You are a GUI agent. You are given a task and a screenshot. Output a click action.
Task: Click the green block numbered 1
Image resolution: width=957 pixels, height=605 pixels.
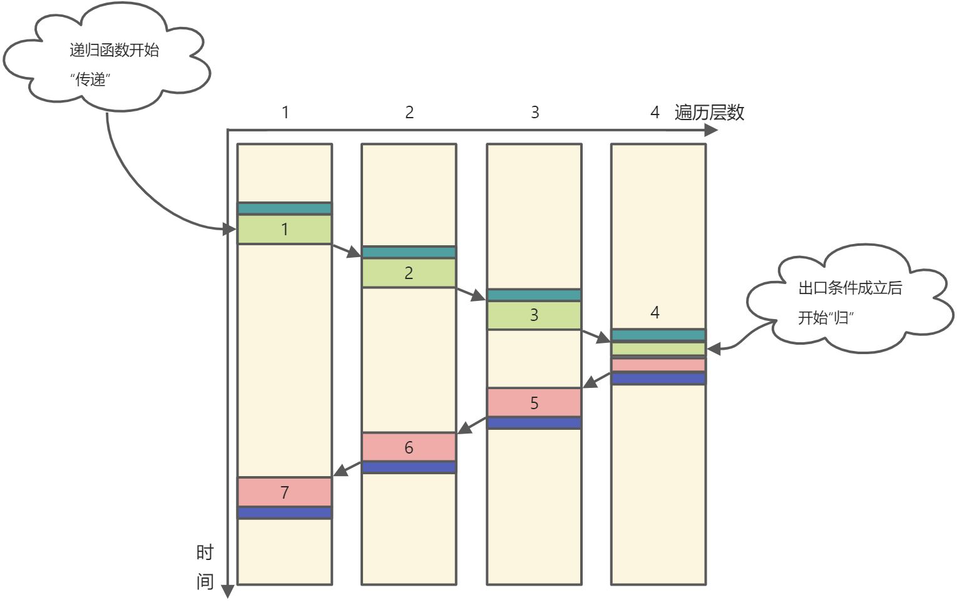[x=284, y=230]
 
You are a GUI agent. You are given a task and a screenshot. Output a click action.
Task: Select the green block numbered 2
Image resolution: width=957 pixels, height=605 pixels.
[x=409, y=273]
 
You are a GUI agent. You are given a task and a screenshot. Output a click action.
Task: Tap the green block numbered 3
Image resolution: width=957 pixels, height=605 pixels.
[x=534, y=315]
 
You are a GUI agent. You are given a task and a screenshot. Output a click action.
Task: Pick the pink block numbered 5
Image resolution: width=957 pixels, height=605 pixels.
[x=534, y=403]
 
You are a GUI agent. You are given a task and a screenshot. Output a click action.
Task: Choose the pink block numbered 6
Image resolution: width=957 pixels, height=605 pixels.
[x=409, y=447]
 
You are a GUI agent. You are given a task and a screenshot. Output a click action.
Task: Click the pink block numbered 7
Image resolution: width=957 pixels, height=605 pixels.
[x=284, y=492]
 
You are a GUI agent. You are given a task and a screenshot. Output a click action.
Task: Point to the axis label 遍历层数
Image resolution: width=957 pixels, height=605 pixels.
[x=709, y=113]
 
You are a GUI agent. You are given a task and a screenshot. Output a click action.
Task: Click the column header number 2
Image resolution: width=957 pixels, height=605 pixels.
[x=409, y=113]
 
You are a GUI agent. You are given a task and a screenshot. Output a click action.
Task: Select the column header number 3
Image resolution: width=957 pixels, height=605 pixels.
[x=535, y=113]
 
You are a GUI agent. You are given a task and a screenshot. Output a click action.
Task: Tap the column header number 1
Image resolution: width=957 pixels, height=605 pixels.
[x=285, y=113]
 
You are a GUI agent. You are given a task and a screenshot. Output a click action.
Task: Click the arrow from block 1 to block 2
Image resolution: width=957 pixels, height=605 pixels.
[x=347, y=250]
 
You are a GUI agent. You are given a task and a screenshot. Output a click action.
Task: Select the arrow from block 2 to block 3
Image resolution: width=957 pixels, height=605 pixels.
[x=471, y=293]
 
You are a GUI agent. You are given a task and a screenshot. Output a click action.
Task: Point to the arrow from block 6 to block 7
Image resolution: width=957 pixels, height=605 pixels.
[x=347, y=469]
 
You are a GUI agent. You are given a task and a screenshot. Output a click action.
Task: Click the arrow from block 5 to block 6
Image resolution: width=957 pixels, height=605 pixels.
[x=472, y=425]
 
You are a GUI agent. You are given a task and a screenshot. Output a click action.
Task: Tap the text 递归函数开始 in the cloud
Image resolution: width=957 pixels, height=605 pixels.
[x=115, y=50]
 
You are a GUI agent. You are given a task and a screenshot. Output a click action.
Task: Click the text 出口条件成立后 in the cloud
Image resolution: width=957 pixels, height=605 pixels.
[x=850, y=288]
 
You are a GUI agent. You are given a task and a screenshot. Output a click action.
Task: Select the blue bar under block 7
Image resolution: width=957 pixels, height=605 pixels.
[x=284, y=513]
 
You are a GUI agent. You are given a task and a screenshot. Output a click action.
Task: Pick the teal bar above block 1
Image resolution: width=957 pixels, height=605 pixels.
[x=284, y=208]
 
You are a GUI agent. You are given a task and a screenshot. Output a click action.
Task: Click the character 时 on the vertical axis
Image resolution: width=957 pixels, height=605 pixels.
[x=205, y=552]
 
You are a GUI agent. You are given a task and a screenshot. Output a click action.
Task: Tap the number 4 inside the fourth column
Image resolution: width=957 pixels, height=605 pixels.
[x=655, y=312]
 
